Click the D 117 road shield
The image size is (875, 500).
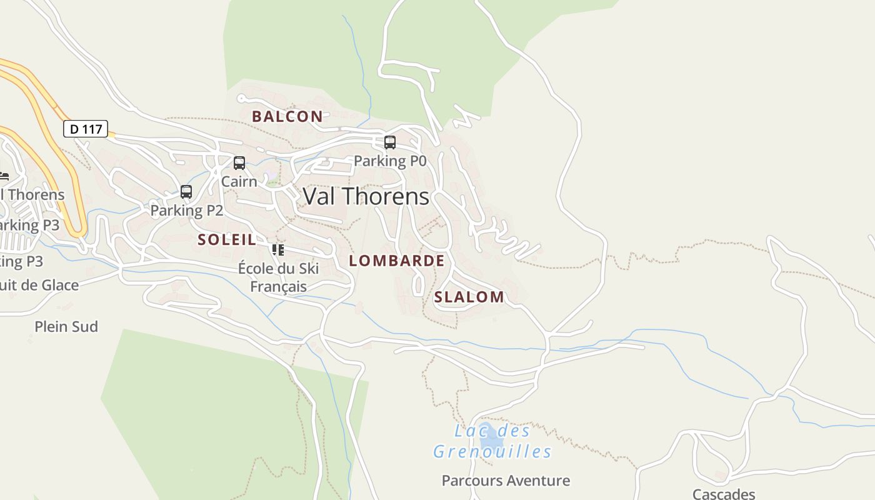tap(86, 129)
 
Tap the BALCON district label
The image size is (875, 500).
tap(287, 116)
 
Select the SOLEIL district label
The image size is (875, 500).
tap(227, 239)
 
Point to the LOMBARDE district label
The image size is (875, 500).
tap(397, 261)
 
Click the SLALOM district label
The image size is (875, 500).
tap(469, 297)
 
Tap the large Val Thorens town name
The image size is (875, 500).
tap(366, 196)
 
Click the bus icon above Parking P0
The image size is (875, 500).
tap(390, 142)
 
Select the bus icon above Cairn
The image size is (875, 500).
tap(239, 163)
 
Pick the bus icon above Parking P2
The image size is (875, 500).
tap(186, 192)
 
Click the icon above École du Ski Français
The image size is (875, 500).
tap(278, 250)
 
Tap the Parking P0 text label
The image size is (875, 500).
tap(390, 161)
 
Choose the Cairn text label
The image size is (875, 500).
tap(239, 181)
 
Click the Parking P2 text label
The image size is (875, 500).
tap(186, 210)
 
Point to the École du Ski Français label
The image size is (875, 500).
tap(278, 277)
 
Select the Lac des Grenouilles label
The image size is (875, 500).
tap(492, 441)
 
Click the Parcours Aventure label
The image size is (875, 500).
tap(506, 481)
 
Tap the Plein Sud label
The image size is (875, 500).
tap(66, 326)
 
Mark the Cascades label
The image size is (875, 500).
tap(724, 494)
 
